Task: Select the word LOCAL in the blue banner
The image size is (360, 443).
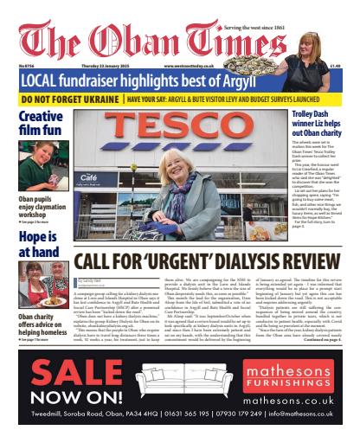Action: click(45, 80)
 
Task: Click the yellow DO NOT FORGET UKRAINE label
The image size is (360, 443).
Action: click(66, 100)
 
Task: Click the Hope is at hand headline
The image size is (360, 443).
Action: click(35, 243)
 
